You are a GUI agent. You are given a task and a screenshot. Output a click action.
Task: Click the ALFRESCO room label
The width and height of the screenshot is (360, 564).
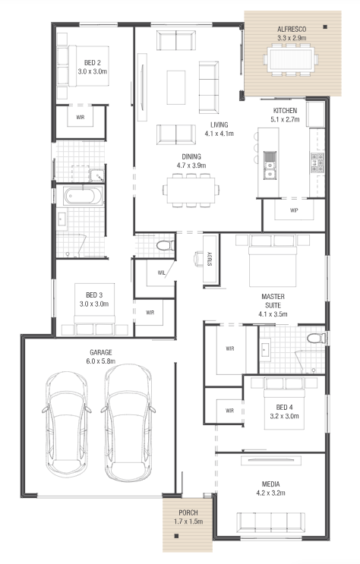tap(292, 29)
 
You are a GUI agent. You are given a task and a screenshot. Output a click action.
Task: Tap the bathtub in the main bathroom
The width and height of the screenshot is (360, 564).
tap(82, 196)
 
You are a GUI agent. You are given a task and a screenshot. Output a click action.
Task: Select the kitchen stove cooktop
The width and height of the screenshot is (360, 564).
tap(317, 162)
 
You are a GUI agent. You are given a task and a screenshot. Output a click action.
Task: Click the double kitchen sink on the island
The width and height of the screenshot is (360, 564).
tap(269, 165)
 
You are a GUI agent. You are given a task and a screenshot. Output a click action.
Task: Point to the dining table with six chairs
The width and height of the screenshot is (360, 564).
tap(191, 191)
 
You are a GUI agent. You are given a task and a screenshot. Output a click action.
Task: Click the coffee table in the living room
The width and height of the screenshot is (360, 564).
tap(176, 87)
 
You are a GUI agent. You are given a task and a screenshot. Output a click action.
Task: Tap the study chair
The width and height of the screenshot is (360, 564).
tap(198, 258)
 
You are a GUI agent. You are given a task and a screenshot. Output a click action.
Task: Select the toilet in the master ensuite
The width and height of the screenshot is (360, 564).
tap(317, 338)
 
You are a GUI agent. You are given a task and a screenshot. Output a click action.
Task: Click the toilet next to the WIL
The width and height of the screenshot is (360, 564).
tap(166, 245)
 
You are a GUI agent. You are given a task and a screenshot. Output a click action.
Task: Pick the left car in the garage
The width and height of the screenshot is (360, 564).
tap(67, 424)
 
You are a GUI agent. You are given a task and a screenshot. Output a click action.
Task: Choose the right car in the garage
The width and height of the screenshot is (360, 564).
tap(128, 423)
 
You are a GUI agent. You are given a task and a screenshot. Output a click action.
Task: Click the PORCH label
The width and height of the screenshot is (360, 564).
tap(188, 512)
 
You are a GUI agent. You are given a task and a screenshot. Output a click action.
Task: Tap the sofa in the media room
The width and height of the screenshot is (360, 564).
tap(270, 522)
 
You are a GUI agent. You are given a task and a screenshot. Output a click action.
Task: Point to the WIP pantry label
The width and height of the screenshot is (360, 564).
tap(294, 210)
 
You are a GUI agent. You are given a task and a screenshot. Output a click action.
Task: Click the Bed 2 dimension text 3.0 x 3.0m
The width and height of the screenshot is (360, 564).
tap(93, 71)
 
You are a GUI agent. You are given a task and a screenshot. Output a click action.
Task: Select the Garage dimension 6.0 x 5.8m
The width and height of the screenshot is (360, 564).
tap(101, 361)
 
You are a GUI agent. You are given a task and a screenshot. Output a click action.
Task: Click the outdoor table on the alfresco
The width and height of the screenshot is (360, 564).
tap(291, 59)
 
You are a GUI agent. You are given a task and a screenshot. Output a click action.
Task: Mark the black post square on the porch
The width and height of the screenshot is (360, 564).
tap(176, 536)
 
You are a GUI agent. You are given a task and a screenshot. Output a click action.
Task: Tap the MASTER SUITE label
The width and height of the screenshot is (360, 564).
tap(273, 301)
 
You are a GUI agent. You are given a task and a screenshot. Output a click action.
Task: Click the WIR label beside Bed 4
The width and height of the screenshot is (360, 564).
tap(229, 411)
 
